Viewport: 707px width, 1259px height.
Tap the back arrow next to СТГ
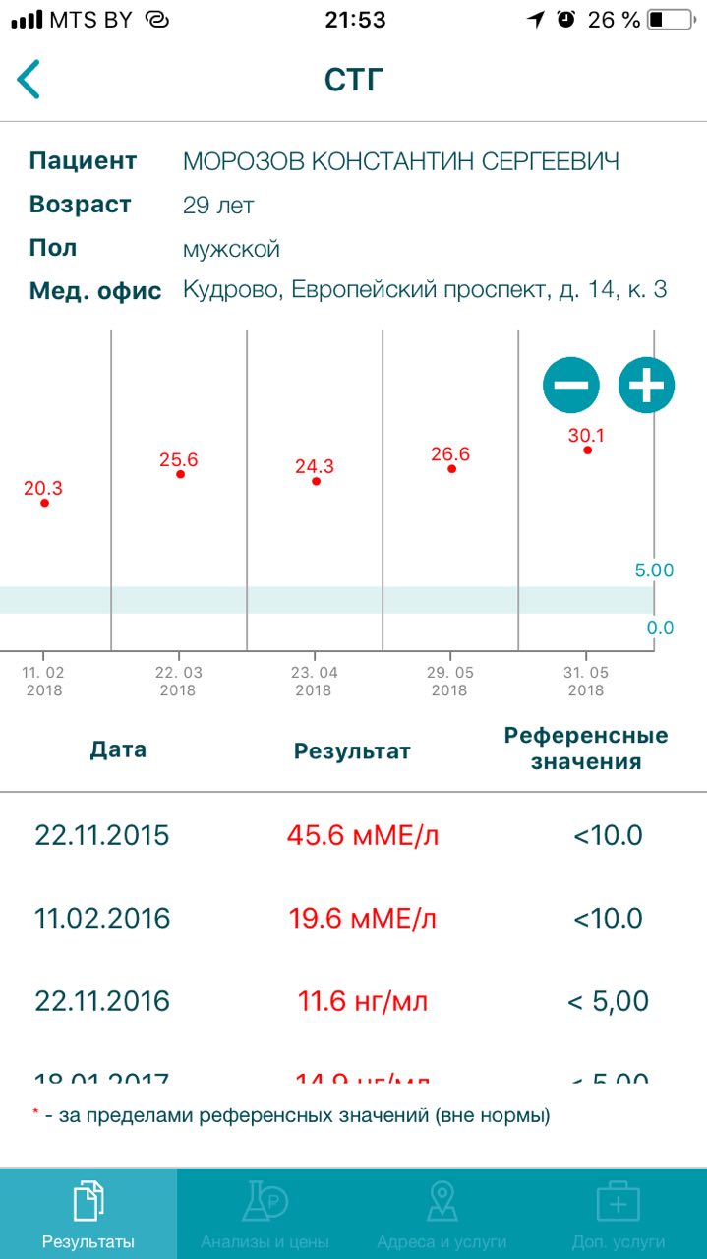(29, 80)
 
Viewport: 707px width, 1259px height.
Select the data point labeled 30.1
(587, 450)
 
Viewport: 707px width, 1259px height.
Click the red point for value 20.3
(44, 503)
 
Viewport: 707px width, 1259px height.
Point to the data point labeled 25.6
(180, 474)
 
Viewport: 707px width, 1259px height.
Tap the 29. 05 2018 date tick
(449, 681)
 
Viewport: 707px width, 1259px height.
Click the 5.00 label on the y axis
(654, 570)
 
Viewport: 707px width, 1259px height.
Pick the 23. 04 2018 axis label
(314, 681)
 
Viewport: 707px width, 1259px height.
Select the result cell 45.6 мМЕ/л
(362, 836)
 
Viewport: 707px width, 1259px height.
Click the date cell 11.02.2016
(102, 919)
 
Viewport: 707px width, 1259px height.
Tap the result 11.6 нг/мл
(362, 1001)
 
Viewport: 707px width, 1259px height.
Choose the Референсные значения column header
(585, 749)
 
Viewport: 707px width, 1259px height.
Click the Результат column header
(352, 751)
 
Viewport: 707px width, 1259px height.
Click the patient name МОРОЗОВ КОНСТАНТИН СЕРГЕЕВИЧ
(400, 162)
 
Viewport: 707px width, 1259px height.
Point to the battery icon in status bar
(670, 20)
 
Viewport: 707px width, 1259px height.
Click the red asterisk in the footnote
(35, 1114)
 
